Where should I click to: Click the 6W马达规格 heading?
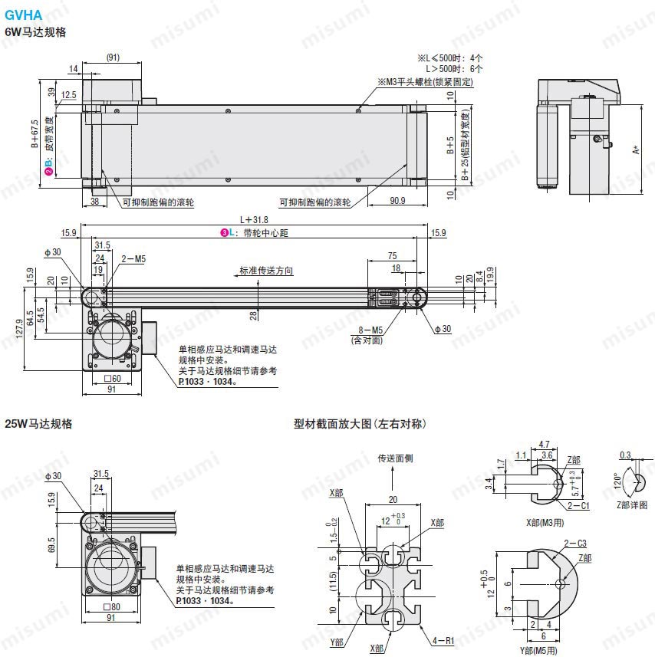click(x=35, y=32)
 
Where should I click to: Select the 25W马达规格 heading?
click(x=38, y=423)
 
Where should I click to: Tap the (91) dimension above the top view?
click(x=113, y=57)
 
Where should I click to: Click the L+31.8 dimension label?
click(x=254, y=219)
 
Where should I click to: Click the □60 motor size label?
click(x=113, y=379)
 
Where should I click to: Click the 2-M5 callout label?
click(x=133, y=259)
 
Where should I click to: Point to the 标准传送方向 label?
click(x=265, y=271)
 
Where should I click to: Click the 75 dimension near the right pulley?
click(x=393, y=256)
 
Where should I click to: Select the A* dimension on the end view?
click(x=636, y=149)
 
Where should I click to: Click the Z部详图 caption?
click(x=631, y=505)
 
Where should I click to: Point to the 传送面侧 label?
click(x=395, y=458)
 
